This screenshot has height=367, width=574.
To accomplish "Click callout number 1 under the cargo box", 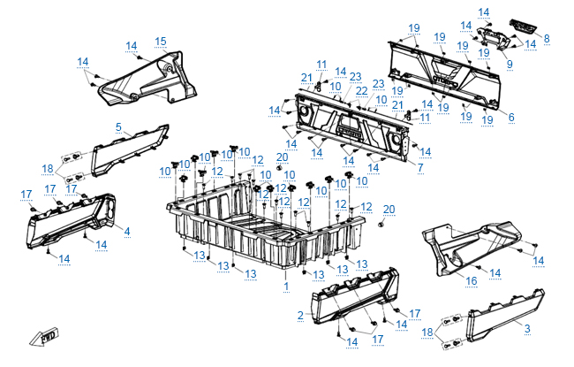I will pos(285,287).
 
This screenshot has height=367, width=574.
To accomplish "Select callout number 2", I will pos(300,316).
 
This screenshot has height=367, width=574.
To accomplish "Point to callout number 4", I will pos(127,232).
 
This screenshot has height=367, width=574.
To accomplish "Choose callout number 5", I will pos(118,127).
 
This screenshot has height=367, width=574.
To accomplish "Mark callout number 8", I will pos(547,39).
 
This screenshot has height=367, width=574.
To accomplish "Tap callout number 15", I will pos(160,42).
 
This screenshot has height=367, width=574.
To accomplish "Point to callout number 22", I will pos(360,91).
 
